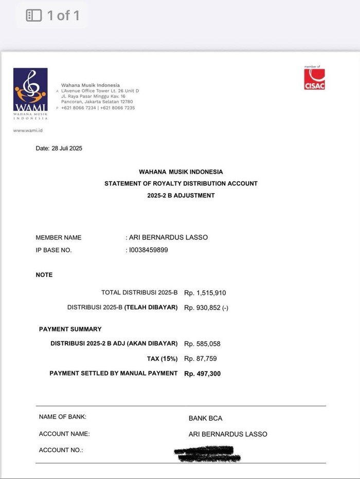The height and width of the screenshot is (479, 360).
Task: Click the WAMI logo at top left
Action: (x=30, y=93)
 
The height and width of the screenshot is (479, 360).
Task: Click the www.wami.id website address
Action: (x=28, y=130)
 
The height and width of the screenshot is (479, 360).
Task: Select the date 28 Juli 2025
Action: (x=67, y=149)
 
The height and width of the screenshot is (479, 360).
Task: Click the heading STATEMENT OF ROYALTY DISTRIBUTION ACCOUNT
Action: (x=181, y=183)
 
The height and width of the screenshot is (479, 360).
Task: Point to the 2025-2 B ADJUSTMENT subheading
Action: (x=181, y=195)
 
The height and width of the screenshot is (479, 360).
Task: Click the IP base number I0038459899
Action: (x=149, y=250)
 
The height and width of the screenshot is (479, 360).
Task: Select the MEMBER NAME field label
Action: (x=59, y=237)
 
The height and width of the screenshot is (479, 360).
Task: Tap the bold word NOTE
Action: (x=44, y=275)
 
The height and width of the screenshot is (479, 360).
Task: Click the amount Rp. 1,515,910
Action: (x=205, y=293)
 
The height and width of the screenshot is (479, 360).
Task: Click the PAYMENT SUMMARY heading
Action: (x=70, y=329)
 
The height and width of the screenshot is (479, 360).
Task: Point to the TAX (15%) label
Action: (x=162, y=358)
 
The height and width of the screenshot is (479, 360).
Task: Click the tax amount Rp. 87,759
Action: (x=201, y=359)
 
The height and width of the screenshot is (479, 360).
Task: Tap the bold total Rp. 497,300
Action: (x=202, y=374)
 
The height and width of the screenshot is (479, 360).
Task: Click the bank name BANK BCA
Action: (x=205, y=418)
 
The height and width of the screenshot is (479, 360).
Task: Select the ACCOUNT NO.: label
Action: (x=61, y=450)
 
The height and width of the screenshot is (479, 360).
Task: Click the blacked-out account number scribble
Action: (x=207, y=453)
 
